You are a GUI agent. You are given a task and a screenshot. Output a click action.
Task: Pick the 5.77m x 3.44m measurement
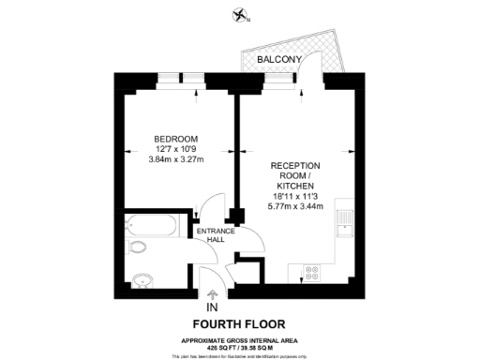coord(296,205)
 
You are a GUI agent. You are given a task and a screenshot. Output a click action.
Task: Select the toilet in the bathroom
coord(139,247)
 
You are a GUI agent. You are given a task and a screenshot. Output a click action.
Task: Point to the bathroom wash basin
coord(142,278)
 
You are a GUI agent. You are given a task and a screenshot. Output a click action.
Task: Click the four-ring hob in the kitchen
coord(311,273)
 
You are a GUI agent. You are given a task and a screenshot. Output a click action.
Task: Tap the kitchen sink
coord(346,224)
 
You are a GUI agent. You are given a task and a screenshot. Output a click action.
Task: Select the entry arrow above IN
coord(212,293)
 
